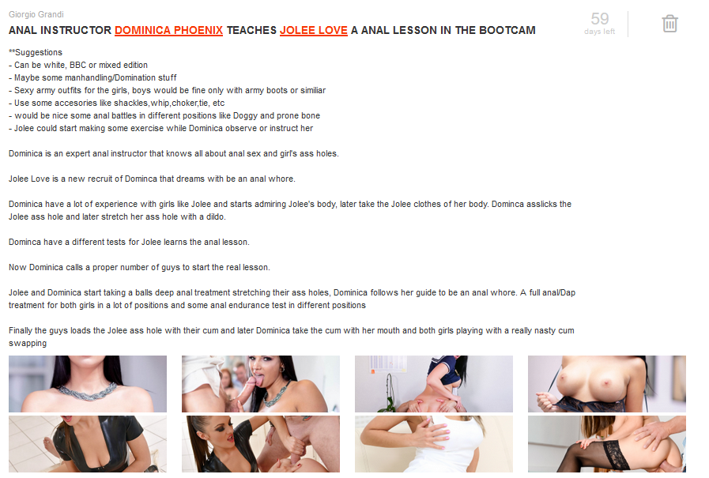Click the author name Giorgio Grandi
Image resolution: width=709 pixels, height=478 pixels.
point(36,14)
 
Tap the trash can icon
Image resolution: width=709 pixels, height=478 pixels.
point(669,24)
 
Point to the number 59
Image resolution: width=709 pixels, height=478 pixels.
point(600,18)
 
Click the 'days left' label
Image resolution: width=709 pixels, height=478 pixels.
point(600,32)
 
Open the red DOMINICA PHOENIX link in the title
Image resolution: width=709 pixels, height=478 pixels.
point(168,30)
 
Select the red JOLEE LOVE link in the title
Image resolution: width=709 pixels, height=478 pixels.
point(313,30)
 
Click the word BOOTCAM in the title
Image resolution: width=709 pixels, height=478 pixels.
point(507,30)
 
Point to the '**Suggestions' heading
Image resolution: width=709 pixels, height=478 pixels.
point(36,52)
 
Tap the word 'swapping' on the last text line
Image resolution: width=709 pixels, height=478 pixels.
point(28,344)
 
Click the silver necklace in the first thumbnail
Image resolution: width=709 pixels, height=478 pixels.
point(88,392)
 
